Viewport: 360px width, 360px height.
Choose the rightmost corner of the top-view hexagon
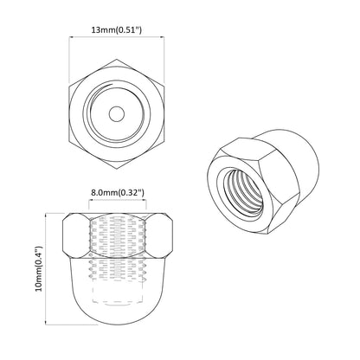(167, 113)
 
